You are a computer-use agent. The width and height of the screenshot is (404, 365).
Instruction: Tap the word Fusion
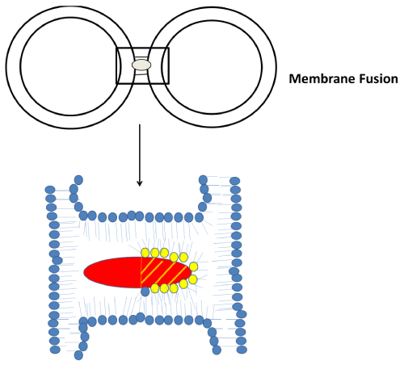[378, 79]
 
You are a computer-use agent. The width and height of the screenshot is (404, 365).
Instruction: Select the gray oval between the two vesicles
[141, 65]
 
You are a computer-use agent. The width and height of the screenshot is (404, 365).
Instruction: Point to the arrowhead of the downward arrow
[139, 183]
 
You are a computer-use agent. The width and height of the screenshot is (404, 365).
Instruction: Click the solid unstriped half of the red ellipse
[113, 272]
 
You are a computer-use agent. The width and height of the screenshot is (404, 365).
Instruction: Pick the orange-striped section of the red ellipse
[164, 272]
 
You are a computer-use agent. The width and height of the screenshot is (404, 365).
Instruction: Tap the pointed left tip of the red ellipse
[84, 272]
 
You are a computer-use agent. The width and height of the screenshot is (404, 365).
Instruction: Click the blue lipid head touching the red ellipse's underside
[145, 292]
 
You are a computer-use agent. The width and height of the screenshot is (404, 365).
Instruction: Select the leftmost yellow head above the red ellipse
[145, 253]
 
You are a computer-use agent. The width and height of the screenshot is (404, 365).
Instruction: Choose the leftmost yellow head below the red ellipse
[155, 288]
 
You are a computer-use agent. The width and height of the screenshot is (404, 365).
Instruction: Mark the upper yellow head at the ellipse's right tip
[193, 266]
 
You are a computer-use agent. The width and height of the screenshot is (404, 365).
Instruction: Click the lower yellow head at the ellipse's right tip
[193, 279]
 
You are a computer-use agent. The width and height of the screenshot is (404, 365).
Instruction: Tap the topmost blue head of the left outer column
[50, 190]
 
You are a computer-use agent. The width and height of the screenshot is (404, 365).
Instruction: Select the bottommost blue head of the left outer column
[55, 350]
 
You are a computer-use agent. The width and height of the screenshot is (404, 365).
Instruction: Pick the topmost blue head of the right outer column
[235, 181]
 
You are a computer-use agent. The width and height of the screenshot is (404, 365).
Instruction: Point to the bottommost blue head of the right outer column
[242, 350]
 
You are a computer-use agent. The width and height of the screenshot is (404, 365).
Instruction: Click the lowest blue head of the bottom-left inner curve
[78, 355]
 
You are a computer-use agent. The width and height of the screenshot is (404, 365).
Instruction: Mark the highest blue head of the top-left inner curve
[78, 180]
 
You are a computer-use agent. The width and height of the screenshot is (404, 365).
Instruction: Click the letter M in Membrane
[294, 79]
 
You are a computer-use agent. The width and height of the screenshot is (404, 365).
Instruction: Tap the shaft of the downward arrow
[139, 153]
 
